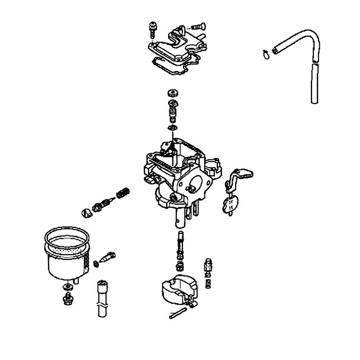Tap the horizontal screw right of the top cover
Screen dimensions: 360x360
point(197,25)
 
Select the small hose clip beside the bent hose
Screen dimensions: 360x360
point(265,56)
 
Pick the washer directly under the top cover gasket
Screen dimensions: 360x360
point(174,92)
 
